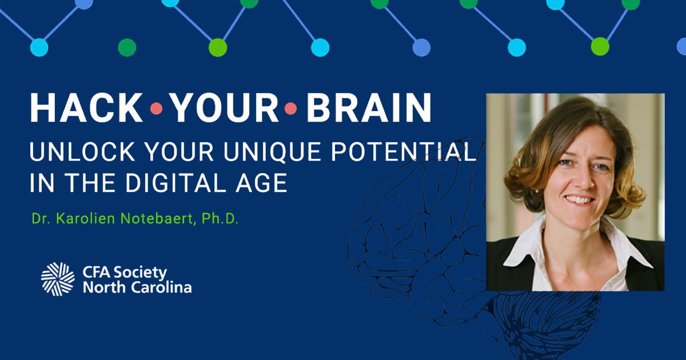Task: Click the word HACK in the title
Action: tap(86, 107)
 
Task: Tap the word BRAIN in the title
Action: tap(369, 107)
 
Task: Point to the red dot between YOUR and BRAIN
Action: tap(290, 108)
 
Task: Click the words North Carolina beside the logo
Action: tap(137, 287)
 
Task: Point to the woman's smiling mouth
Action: tap(579, 200)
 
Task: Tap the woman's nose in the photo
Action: tap(577, 180)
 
